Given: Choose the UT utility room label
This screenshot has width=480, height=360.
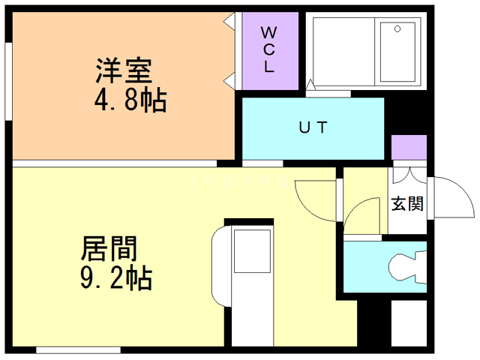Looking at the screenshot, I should [x=313, y=127].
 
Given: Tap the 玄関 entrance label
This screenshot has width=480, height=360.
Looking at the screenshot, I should [x=407, y=203].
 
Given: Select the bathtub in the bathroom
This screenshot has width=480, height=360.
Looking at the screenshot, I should [x=397, y=52].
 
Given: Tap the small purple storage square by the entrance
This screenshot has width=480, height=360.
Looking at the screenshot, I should [x=409, y=148].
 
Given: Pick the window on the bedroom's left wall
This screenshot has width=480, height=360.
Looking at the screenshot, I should [x=8, y=79].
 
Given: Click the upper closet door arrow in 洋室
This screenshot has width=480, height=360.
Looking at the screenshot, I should [x=229, y=23].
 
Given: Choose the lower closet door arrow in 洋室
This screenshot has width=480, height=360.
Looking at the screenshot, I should [x=229, y=79].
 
